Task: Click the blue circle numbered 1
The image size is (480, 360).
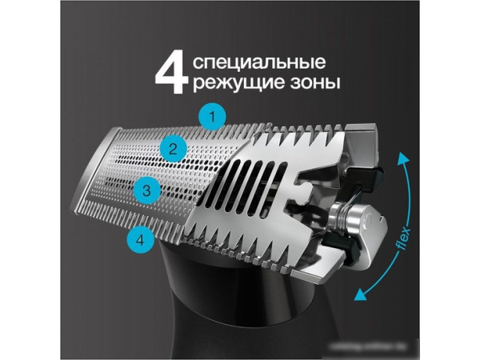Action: [211, 116]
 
